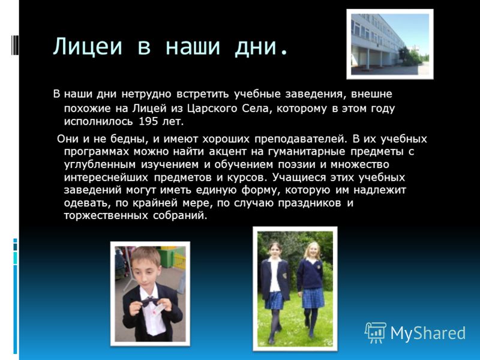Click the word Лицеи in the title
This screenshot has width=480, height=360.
tap(88, 47)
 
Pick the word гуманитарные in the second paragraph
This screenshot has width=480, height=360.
tap(307, 152)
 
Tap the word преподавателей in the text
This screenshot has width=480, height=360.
tap(301, 139)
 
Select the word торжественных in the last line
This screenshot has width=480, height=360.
tap(106, 215)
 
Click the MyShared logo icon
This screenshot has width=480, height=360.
tap(376, 332)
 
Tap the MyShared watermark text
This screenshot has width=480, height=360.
tap(428, 333)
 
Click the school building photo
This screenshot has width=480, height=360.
tap(390, 44)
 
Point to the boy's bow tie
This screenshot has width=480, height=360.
tap(150, 301)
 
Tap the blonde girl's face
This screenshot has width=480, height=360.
tap(313, 250)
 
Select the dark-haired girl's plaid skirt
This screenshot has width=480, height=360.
tap(275, 301)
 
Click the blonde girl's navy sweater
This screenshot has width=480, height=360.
tap(310, 275)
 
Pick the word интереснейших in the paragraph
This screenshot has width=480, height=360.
tap(106, 178)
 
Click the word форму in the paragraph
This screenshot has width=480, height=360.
tap(260, 190)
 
